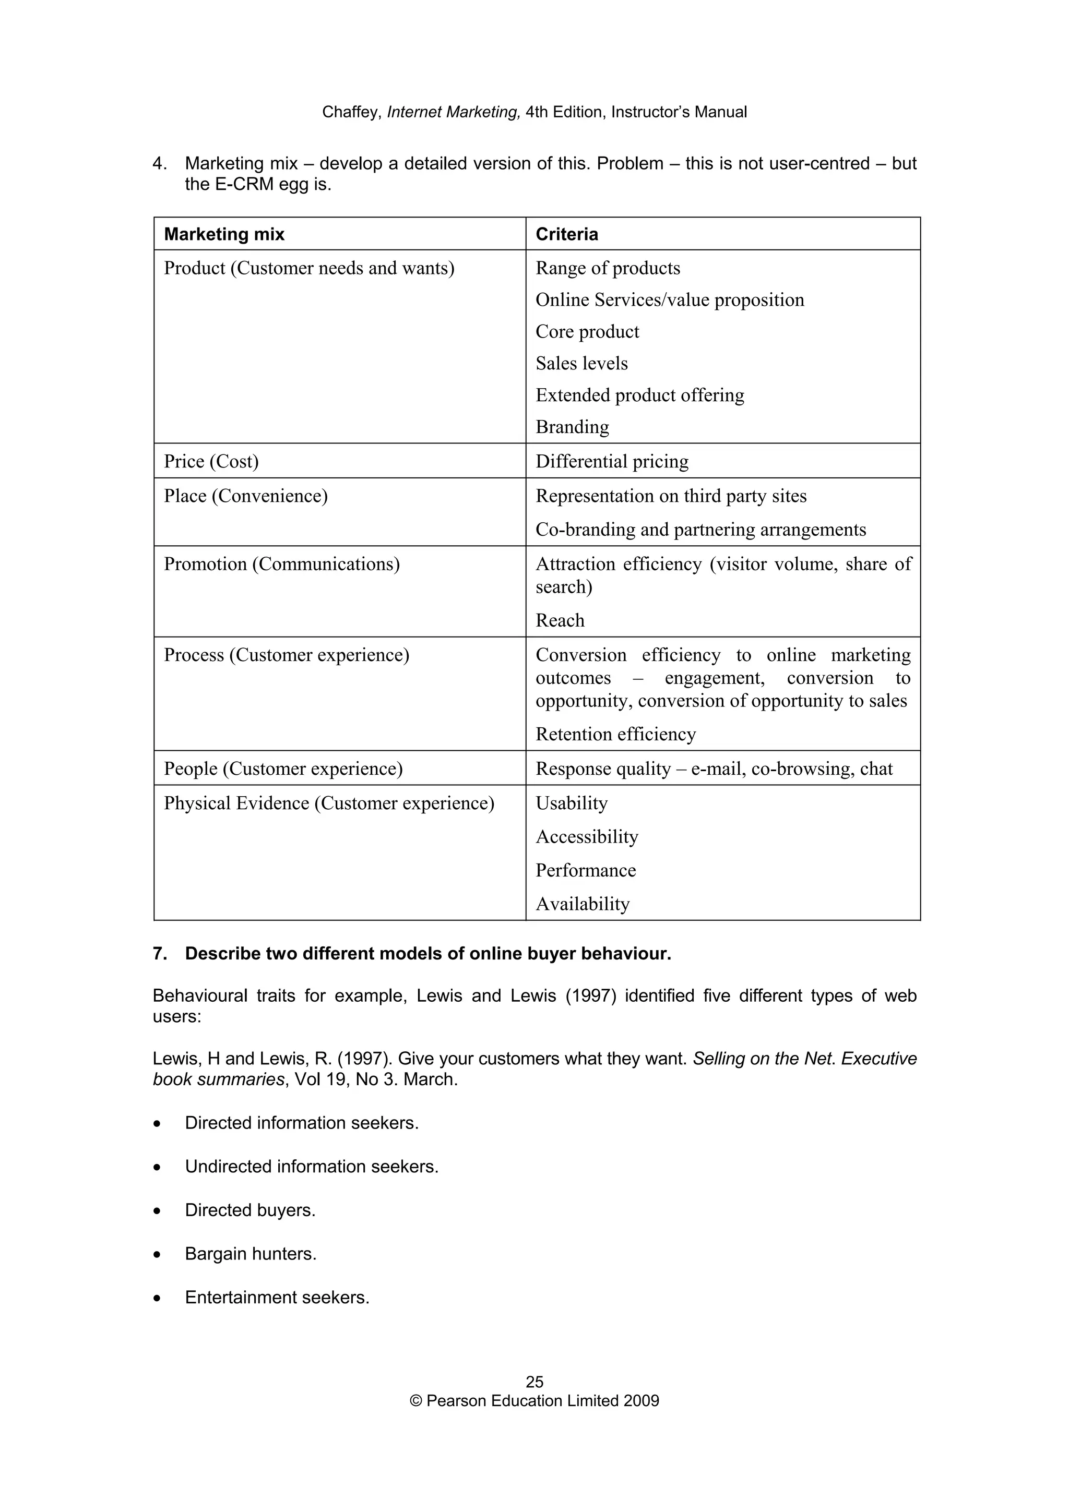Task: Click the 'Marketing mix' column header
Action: point(224,234)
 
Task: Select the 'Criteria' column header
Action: point(566,234)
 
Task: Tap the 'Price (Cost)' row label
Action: point(211,461)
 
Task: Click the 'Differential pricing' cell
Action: point(612,461)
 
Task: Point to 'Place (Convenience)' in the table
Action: point(246,496)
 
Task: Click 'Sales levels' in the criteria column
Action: point(581,364)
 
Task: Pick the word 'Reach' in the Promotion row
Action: point(560,620)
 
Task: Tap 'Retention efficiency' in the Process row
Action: point(615,734)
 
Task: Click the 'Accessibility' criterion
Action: point(587,837)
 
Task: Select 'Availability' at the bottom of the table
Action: point(582,904)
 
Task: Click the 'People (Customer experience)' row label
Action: point(283,769)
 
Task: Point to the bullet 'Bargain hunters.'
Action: point(251,1254)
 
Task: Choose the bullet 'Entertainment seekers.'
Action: point(277,1298)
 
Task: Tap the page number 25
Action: point(534,1382)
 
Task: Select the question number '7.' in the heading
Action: point(160,954)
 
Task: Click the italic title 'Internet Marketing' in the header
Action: point(454,113)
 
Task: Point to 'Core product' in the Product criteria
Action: point(587,332)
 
